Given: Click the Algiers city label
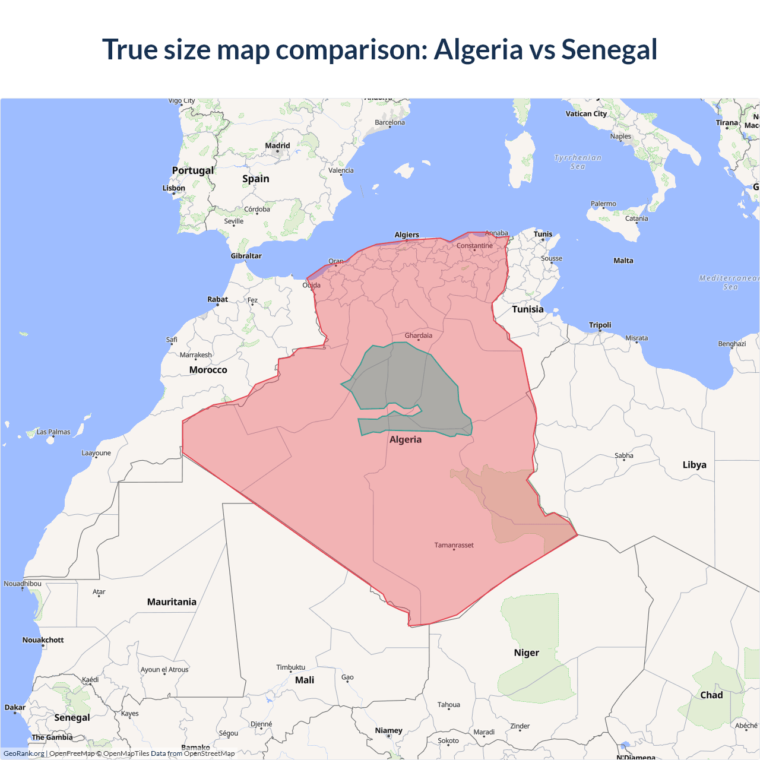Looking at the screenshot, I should [x=407, y=235].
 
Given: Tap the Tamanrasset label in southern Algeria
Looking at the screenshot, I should [x=454, y=545].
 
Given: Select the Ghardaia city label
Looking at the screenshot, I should [x=419, y=335].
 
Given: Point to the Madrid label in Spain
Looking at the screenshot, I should [x=277, y=145].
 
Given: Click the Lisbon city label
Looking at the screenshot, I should [x=174, y=188].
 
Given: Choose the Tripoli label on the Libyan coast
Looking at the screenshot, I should [x=600, y=325].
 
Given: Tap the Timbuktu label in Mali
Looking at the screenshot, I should [x=290, y=667].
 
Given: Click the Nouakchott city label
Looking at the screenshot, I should [x=43, y=640].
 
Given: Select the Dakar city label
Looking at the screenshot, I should [x=15, y=707].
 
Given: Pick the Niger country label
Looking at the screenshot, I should [x=527, y=653].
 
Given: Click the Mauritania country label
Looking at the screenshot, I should [x=172, y=602].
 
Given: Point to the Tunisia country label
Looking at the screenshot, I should [x=528, y=309].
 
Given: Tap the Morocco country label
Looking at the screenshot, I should [x=208, y=370].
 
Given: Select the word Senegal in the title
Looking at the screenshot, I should [x=609, y=49].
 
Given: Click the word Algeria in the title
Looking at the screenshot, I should [x=478, y=49].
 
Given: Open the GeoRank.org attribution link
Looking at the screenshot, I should [x=24, y=753].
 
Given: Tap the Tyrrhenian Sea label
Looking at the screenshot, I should [x=578, y=162].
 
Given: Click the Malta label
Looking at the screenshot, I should [x=623, y=261].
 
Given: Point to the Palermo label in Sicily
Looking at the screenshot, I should [x=603, y=204].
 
